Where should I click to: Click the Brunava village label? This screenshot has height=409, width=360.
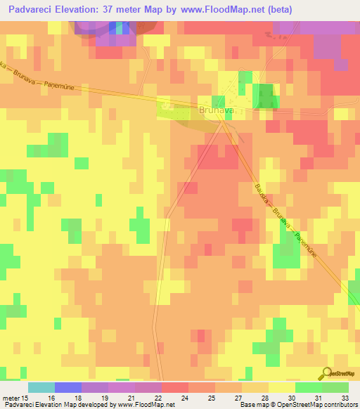coord(216,110)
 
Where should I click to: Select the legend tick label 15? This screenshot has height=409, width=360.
coord(25,397)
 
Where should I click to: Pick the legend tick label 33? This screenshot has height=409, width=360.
coord(347,397)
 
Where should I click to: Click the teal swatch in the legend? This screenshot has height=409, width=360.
coord(41,387)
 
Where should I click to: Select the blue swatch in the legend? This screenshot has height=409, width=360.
coord(68,387)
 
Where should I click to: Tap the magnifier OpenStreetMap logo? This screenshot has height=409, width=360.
coord(328,374)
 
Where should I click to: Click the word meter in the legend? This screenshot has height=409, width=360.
coord(10,397)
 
